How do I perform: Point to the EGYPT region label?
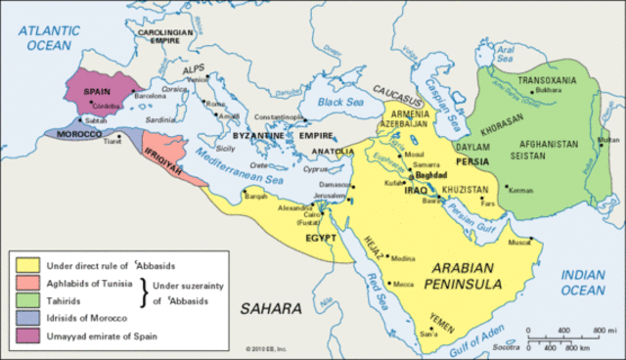pos(321,238)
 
